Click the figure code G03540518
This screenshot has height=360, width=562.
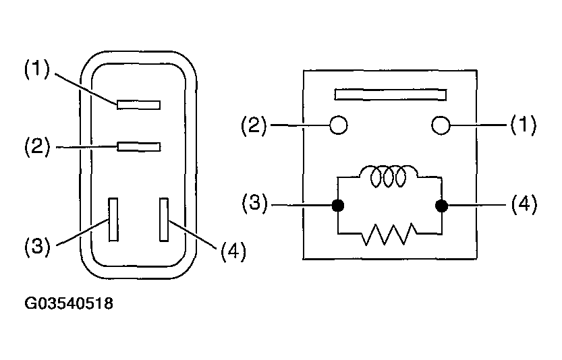69,303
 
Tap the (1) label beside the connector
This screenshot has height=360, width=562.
37,69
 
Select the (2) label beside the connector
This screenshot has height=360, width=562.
37,146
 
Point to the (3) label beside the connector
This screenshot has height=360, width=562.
37,246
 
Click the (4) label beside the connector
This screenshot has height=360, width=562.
233,251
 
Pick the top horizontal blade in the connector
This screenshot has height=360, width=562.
139,104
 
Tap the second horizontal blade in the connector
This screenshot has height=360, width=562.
139,147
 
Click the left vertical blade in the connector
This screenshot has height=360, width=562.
113,219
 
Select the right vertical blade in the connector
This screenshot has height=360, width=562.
164,219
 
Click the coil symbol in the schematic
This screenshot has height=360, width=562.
388,175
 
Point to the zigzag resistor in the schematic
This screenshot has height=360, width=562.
389,234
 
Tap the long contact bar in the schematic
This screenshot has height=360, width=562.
391,94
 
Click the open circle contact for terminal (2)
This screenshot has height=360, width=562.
339,125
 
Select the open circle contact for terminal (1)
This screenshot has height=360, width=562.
441,125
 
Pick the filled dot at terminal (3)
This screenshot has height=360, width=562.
337,206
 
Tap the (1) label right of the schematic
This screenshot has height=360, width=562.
524,125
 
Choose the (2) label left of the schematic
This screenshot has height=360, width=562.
254,125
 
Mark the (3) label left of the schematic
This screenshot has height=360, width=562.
254,203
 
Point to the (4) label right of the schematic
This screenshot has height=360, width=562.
524,204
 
